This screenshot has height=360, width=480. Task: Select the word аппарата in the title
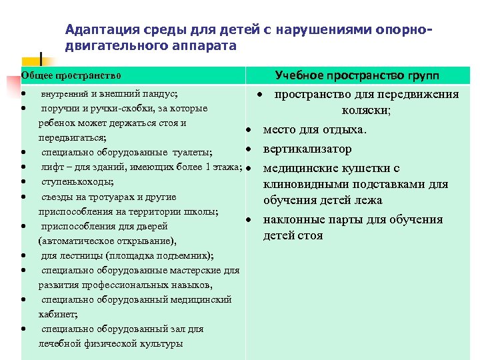click(207, 46)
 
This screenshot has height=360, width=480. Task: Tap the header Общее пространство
click(71, 77)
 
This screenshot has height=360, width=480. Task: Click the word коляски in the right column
click(366, 111)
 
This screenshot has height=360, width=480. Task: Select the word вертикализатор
click(307, 149)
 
